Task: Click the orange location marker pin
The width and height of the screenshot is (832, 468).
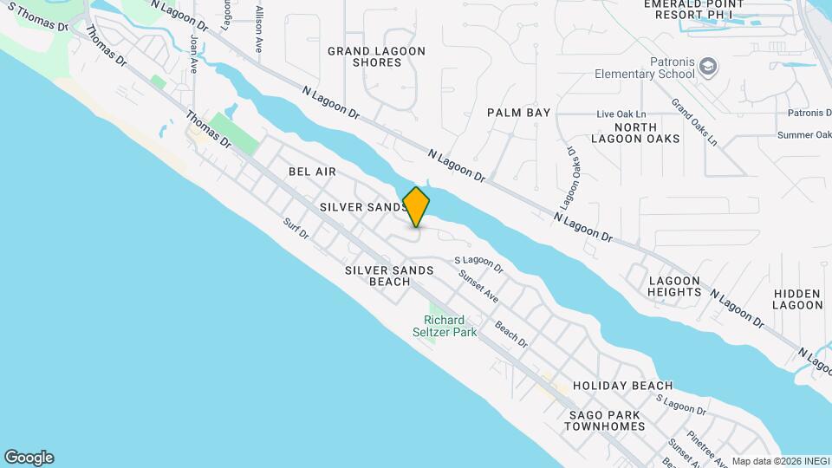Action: coord(416,206)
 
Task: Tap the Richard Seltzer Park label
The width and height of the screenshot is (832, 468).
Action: coord(456,326)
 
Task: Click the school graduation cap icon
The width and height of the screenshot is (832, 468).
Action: coord(709,66)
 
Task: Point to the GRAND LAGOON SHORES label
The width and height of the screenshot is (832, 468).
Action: coord(376,57)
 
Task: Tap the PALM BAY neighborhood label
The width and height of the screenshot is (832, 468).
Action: coord(518,113)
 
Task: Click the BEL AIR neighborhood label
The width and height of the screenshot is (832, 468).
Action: coord(312,172)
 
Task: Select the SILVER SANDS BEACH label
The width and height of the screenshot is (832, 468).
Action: coord(389,276)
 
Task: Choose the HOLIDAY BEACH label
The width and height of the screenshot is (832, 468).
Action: coord(622,386)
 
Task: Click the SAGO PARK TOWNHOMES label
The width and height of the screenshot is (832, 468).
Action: coord(607,420)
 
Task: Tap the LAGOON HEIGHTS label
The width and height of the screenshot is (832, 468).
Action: coord(675,286)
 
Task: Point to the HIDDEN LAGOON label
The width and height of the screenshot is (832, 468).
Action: coord(797,299)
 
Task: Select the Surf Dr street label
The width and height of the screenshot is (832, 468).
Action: coord(296,230)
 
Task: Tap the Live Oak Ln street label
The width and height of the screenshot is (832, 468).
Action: coord(621,114)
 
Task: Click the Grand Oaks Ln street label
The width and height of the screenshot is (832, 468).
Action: coord(694,121)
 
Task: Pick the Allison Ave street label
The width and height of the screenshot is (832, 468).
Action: coord(259,30)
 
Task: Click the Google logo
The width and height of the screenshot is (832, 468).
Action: coord(29,458)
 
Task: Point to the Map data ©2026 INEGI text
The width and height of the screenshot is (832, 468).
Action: coord(779,461)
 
